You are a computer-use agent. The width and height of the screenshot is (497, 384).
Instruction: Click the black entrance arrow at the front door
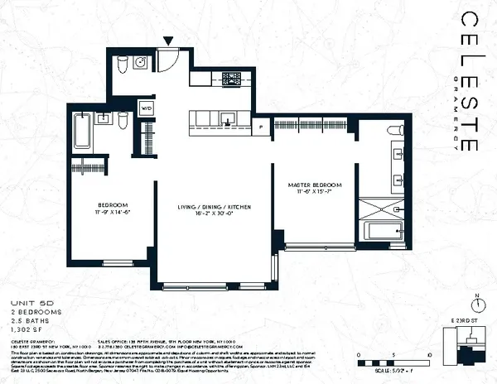click(169, 41)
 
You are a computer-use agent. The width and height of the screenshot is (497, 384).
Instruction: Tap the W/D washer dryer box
click(147, 107)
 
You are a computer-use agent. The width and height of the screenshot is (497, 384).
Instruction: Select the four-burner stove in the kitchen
click(230, 79)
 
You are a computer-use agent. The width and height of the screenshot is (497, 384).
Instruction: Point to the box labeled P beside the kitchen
click(262, 127)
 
